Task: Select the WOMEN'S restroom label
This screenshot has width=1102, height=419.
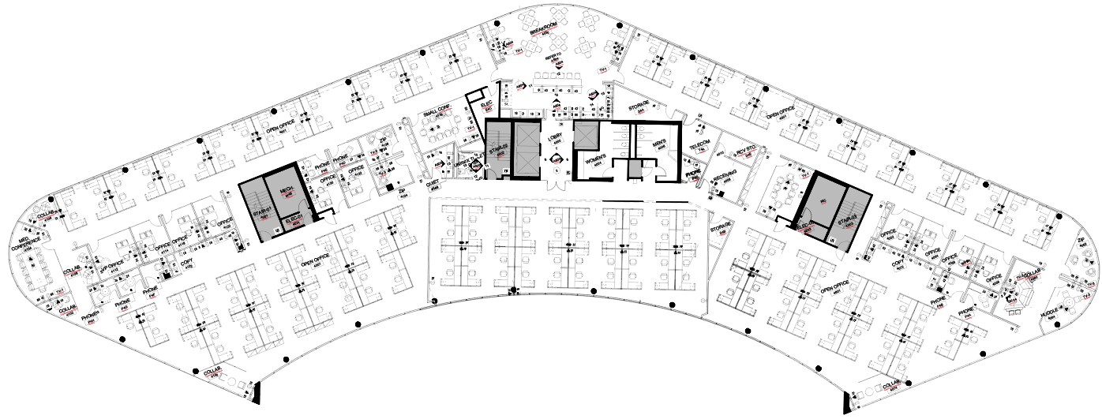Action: coord(594,160)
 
